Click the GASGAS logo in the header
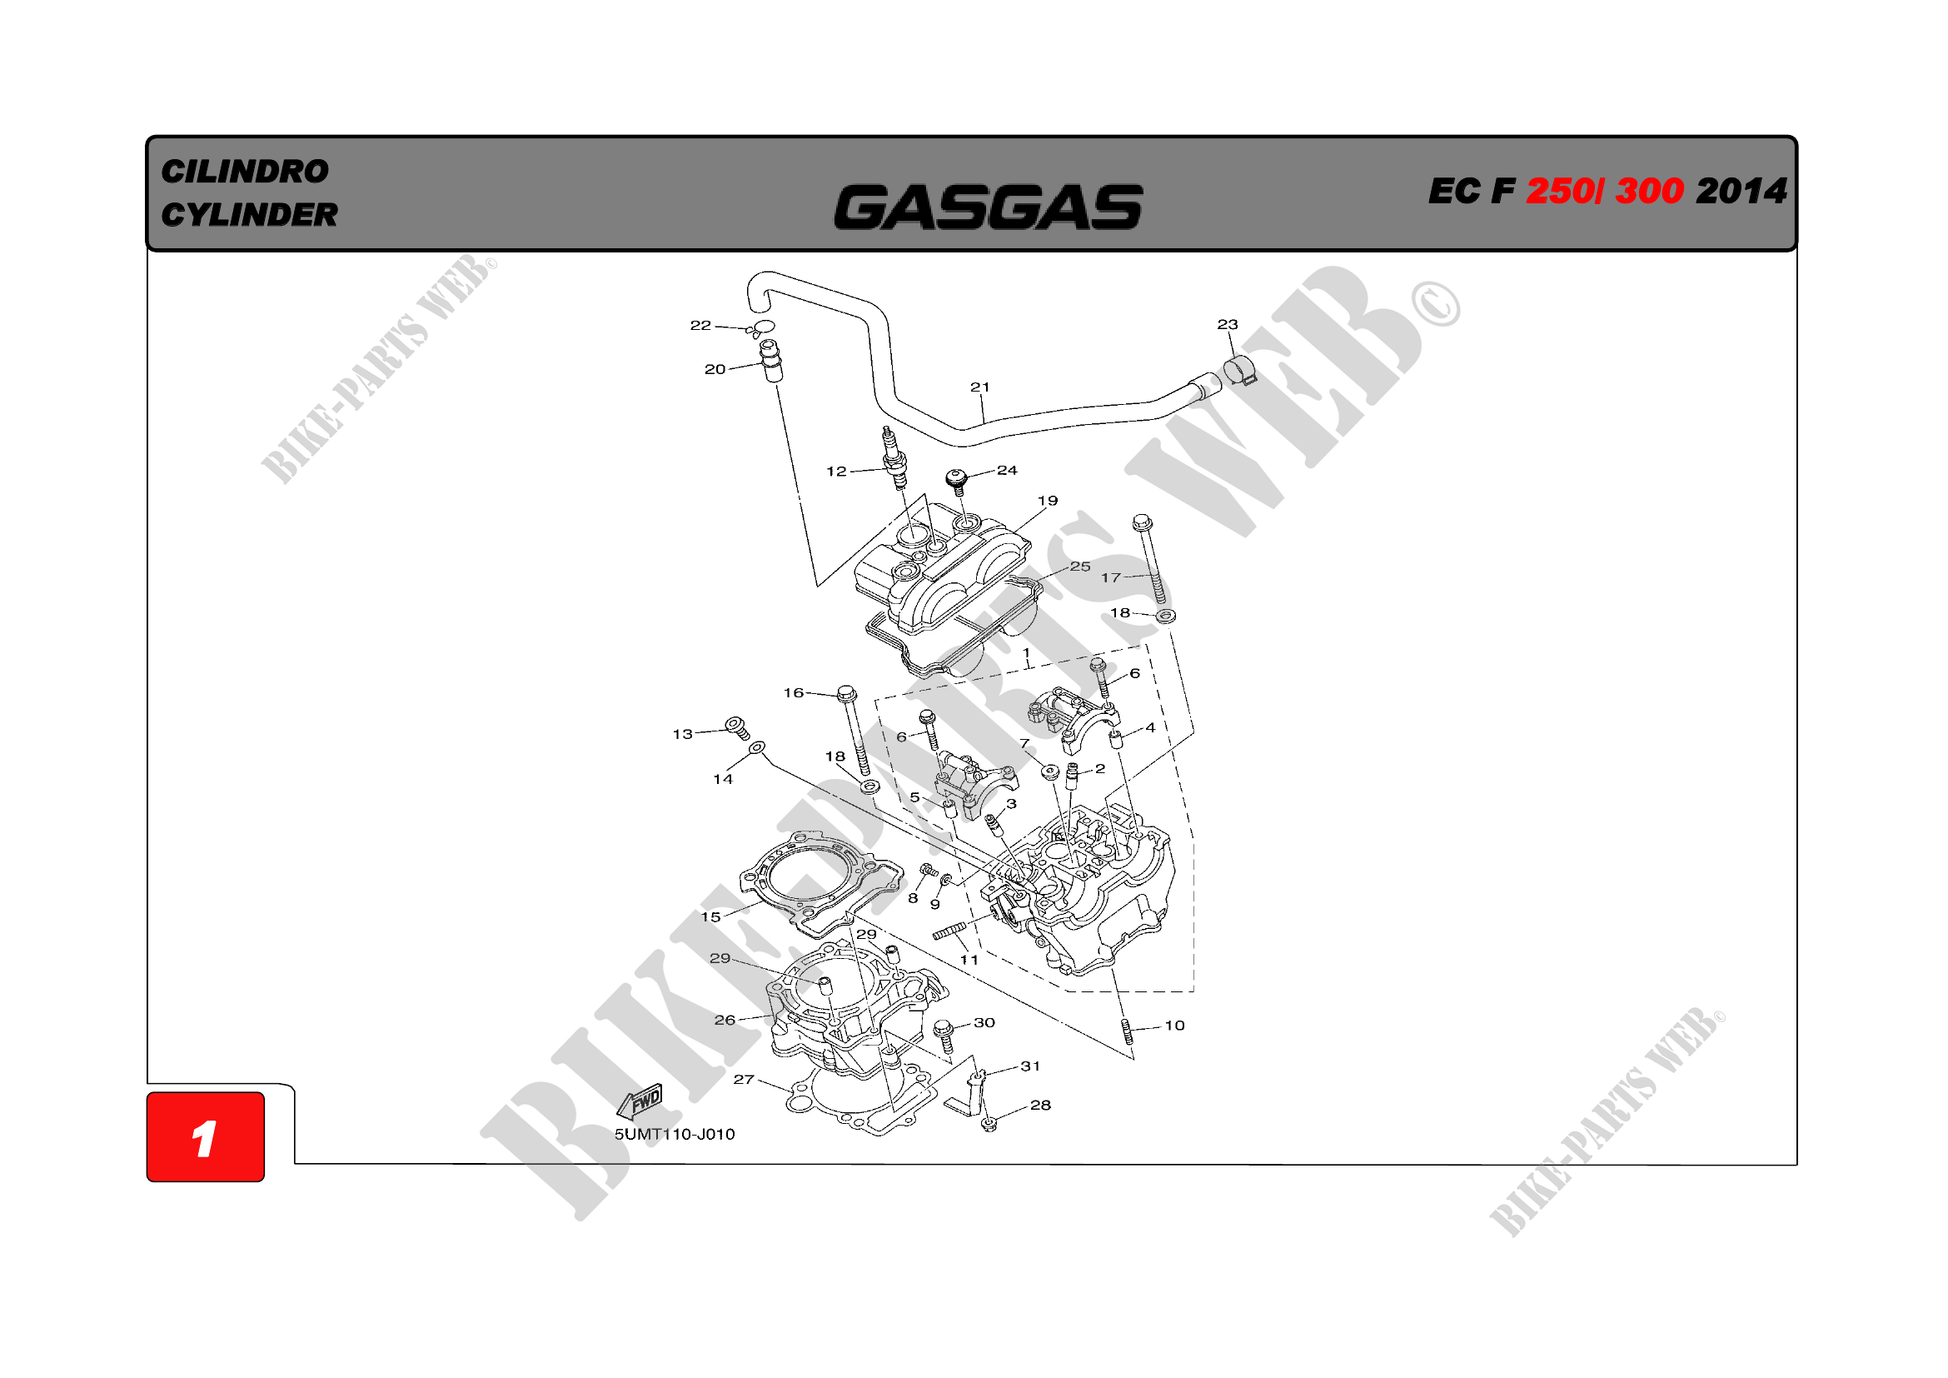tap(988, 208)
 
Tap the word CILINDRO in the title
tap(244, 172)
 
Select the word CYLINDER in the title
tap(250, 215)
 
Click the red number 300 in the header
tap(1649, 191)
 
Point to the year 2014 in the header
tap(1741, 191)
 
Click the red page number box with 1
tap(206, 1137)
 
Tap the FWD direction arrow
tap(639, 1102)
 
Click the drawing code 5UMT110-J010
tap(675, 1135)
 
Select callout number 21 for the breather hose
tap(980, 387)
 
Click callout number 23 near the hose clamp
tap(1227, 324)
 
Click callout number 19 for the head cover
tap(1048, 501)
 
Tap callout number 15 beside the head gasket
tap(710, 917)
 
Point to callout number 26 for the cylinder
tap(725, 1020)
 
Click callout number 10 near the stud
tap(1174, 1025)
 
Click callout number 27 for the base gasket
tap(743, 1079)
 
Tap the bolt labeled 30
tap(944, 1036)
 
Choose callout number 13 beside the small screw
tap(682, 734)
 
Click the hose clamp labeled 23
tap(1239, 371)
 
